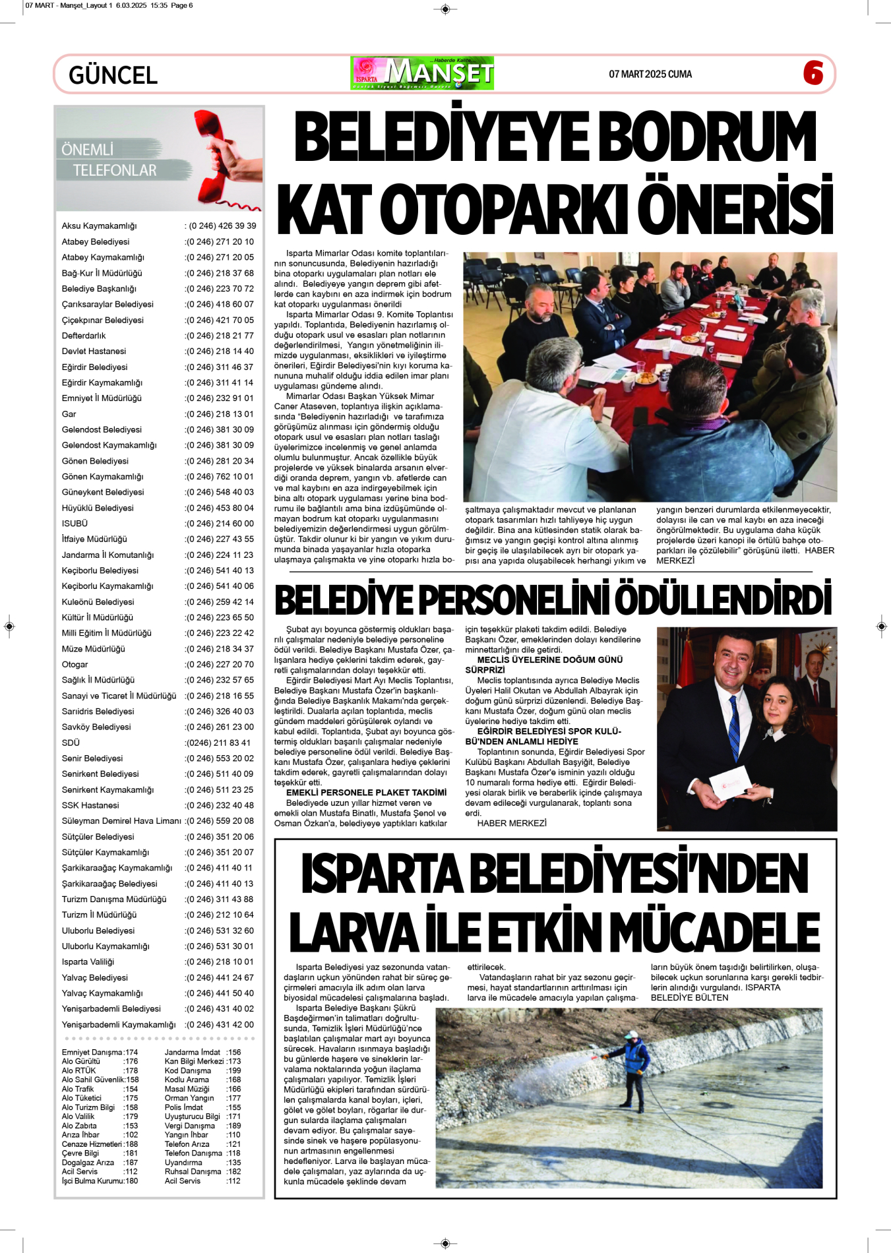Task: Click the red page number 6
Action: point(813,73)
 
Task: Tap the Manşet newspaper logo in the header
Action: point(423,73)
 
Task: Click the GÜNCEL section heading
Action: point(113,75)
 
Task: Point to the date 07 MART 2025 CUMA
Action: point(650,75)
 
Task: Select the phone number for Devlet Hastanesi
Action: point(220,351)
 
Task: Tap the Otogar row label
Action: point(75,665)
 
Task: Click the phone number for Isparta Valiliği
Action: point(220,962)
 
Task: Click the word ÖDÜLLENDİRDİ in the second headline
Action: point(723,601)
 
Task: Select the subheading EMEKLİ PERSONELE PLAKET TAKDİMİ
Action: point(366,793)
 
